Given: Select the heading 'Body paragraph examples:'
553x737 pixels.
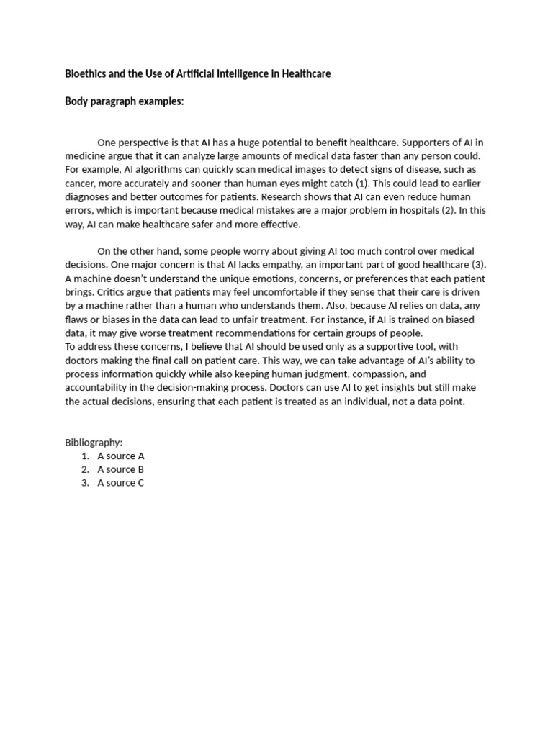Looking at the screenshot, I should [x=125, y=101].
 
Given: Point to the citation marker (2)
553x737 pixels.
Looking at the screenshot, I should [x=439, y=211].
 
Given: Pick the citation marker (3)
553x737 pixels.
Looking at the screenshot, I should [x=479, y=265].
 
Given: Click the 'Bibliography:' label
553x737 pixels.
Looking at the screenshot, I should [x=94, y=442].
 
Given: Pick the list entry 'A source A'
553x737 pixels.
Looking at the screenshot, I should [x=121, y=456].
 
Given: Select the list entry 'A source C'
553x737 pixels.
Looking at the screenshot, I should [x=121, y=483].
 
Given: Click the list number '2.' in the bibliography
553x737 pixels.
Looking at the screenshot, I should [x=85, y=469].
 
